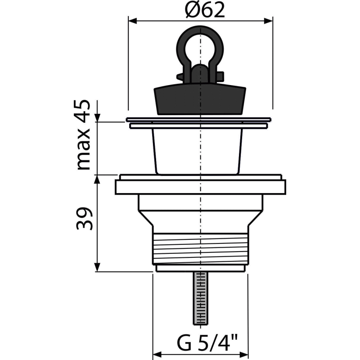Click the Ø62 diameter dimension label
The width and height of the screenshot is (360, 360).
pyautogui.click(x=205, y=10)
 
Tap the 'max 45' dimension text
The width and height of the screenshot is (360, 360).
pyautogui.click(x=84, y=135)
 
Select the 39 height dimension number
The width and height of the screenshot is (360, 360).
pyautogui.click(x=85, y=219)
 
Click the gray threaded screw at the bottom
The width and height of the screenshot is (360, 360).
pyautogui.click(x=199, y=298)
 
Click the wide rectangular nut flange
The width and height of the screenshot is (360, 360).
pyautogui.click(x=200, y=187)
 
